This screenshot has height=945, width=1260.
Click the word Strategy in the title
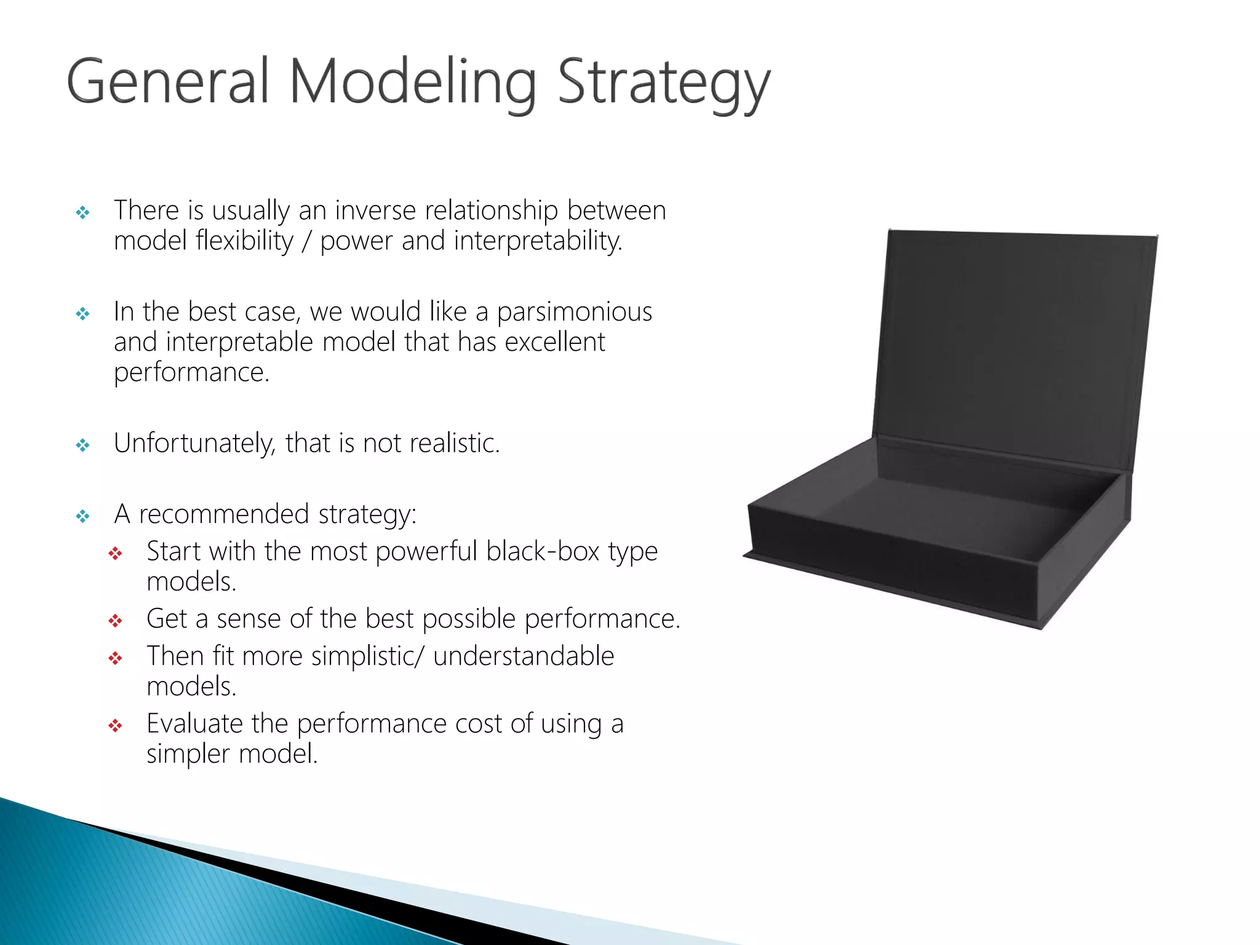point(663,83)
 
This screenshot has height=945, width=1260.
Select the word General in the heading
point(168,82)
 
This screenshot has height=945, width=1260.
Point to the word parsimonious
point(574,312)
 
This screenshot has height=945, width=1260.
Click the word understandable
point(523,656)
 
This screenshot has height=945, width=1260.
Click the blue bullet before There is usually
point(82,213)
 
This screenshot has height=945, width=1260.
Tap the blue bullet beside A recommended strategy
point(82,516)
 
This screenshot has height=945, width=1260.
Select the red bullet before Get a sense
point(115,621)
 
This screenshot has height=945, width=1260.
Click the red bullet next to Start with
point(115,554)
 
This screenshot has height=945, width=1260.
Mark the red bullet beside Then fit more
point(115,658)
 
